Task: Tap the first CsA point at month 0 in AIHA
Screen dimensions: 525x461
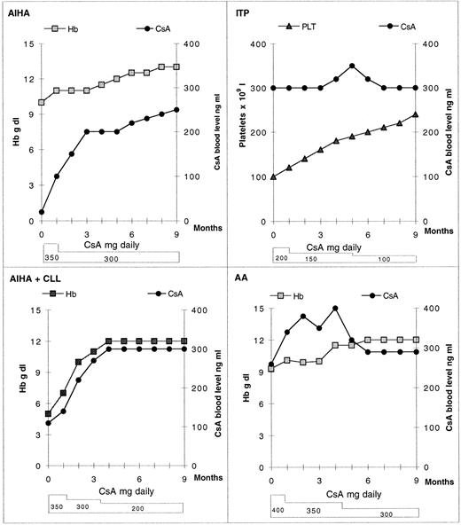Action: pos(42,213)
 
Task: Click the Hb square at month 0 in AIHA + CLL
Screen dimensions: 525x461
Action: pos(48,413)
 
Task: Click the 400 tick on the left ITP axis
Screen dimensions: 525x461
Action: pos(258,43)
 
